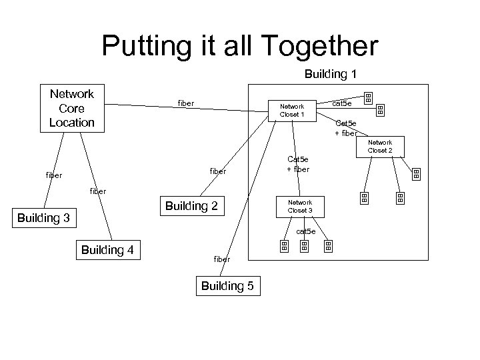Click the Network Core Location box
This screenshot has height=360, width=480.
[x=72, y=108]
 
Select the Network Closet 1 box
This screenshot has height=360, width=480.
[x=291, y=110]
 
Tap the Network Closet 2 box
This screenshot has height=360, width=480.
[x=380, y=147]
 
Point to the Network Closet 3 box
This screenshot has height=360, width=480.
[x=300, y=207]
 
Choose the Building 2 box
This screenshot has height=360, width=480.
[x=191, y=206]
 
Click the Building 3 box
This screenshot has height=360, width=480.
[x=43, y=218]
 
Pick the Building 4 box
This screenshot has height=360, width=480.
[x=107, y=250]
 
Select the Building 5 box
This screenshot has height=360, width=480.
[x=227, y=286]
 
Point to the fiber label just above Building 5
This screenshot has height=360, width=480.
[x=221, y=259]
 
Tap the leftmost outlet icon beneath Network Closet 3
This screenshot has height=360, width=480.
[x=283, y=247]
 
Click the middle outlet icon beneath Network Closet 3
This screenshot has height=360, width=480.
[x=305, y=247]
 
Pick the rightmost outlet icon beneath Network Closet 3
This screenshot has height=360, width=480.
[x=328, y=247]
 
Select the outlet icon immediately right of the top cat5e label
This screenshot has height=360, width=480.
[x=367, y=99]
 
